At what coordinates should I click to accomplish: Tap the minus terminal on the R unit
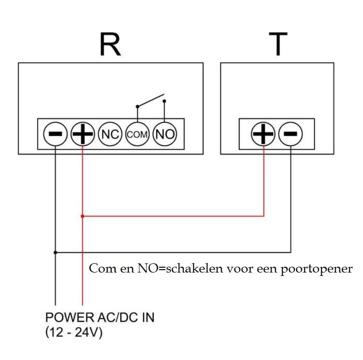click(x=56, y=134)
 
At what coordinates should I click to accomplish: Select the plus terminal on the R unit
click(x=83, y=134)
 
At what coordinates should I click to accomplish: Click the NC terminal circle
click(x=110, y=134)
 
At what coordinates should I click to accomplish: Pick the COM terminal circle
click(x=138, y=134)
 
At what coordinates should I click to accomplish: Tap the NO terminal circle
click(x=165, y=134)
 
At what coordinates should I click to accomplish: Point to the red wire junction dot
click(x=83, y=216)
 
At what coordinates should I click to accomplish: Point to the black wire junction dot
click(x=56, y=252)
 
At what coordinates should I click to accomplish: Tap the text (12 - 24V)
click(x=74, y=333)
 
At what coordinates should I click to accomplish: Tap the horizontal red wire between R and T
click(x=174, y=216)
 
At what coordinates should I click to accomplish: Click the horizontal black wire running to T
click(x=174, y=252)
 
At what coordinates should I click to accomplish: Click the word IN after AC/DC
click(x=145, y=318)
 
